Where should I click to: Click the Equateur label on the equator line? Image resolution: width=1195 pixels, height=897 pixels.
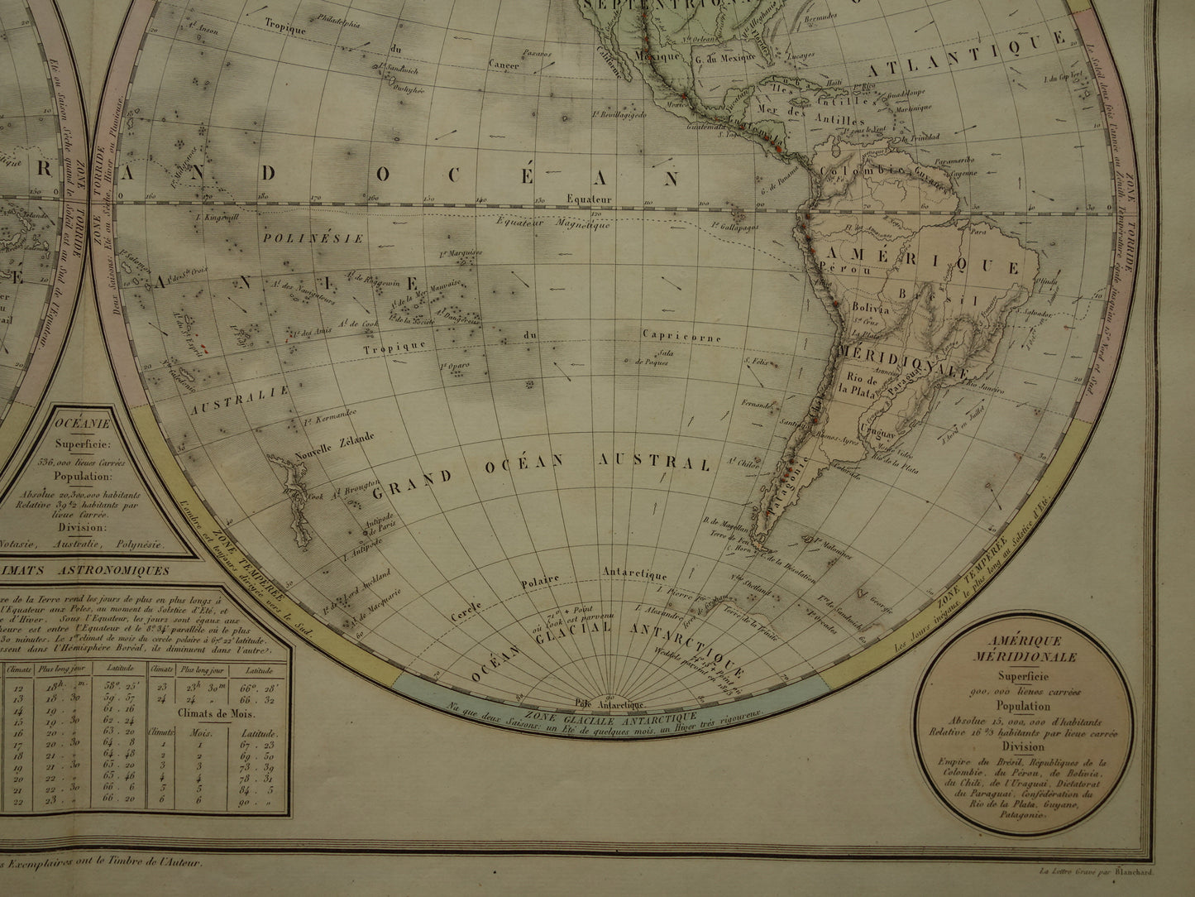click(x=589, y=199)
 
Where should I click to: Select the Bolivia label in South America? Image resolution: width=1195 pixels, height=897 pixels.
click(x=868, y=308)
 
